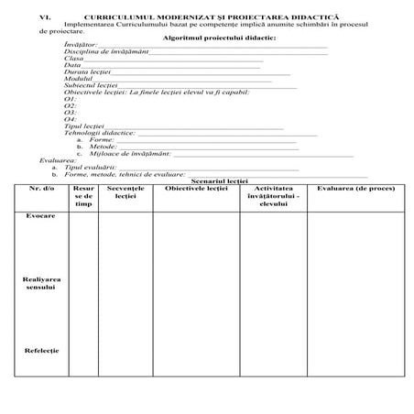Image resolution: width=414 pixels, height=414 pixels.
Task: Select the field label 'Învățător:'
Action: click(82, 49)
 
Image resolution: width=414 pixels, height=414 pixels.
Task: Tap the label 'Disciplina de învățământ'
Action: click(104, 55)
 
